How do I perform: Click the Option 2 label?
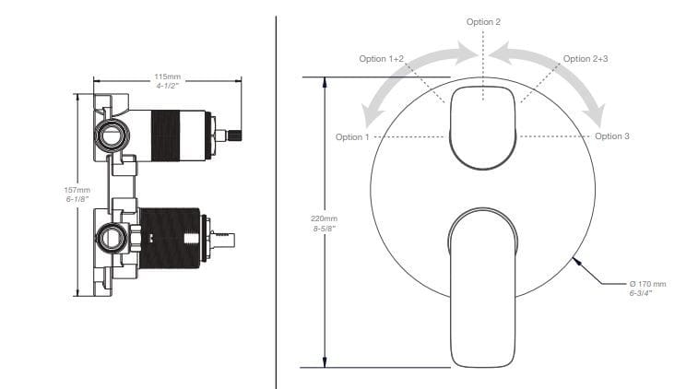(483, 22)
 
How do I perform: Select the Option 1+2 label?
(382, 59)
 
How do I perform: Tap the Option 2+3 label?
(586, 59)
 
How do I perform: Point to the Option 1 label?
(352, 137)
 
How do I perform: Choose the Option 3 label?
(612, 136)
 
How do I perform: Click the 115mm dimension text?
(168, 77)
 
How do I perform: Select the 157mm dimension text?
(77, 190)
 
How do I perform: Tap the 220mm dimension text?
(324, 218)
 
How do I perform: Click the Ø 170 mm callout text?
(647, 284)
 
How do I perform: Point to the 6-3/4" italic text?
(641, 293)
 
